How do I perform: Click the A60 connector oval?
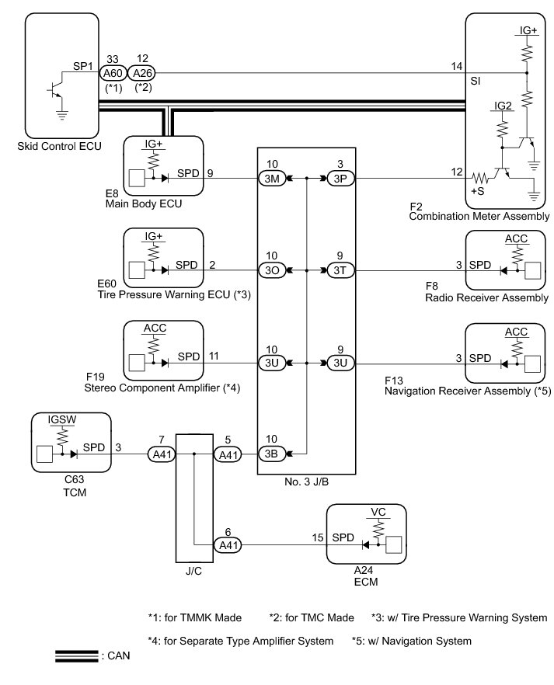pos(113,73)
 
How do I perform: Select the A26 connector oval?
pos(142,73)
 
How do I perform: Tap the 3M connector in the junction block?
pos(272,179)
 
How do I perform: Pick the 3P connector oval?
pos(340,179)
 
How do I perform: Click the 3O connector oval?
pos(272,270)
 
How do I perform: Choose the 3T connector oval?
pos(340,270)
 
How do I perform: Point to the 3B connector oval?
pos(272,454)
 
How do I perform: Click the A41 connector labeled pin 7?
pos(162,454)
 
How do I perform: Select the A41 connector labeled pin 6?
pos(228,545)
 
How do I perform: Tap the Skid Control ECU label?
pos(59,146)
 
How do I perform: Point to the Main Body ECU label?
pos(144,204)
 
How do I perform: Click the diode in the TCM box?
pos(74,454)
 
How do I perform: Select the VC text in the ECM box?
pos(378,512)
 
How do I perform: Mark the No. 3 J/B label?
pos(306,482)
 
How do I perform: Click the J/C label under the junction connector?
pos(193,571)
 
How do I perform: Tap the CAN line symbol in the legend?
pos(77,656)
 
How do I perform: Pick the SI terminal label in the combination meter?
pos(476,81)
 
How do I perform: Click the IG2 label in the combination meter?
pos(503,106)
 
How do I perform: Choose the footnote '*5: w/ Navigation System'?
pos(412,641)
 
